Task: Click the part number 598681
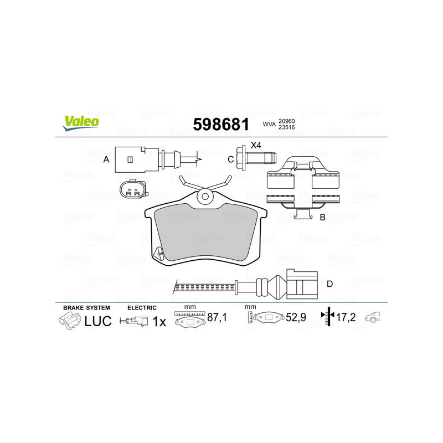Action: [220, 125]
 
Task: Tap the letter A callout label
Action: [106, 159]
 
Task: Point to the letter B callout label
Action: [322, 218]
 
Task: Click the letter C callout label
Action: [231, 159]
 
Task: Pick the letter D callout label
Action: [329, 285]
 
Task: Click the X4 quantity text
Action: [255, 146]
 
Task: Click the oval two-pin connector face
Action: [133, 192]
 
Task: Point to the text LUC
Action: [98, 321]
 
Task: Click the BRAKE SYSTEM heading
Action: [86, 307]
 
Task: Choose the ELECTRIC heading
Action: [142, 307]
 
